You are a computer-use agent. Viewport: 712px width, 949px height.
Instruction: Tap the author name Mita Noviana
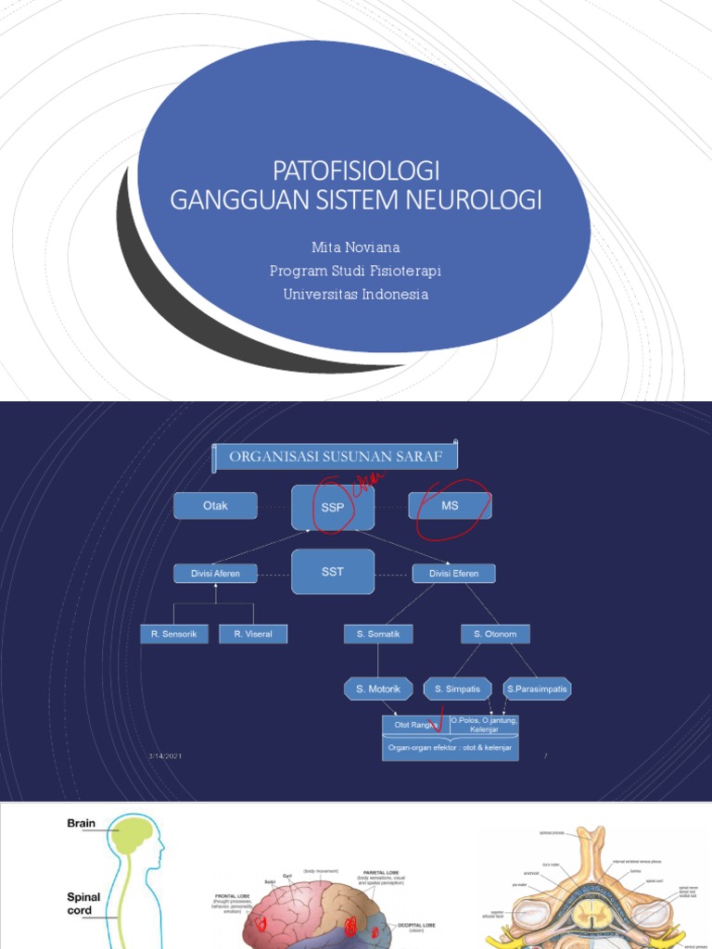[356, 248]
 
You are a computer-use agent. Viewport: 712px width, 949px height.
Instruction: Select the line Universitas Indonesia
[356, 294]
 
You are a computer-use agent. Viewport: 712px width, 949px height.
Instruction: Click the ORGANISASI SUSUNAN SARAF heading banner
[336, 456]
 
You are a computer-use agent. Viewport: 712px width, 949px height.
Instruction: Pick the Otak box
[215, 506]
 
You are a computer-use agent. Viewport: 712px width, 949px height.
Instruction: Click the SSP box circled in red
[333, 507]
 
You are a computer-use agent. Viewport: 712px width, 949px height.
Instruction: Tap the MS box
[450, 506]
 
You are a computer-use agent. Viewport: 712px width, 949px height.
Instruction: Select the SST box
[333, 572]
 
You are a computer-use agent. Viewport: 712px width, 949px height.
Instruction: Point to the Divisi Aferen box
[215, 574]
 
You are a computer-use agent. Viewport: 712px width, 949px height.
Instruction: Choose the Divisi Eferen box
[453, 574]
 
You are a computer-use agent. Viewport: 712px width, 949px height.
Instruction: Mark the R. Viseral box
[253, 634]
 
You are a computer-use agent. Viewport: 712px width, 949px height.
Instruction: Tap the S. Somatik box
[378, 634]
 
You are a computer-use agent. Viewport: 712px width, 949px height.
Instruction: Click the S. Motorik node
[378, 689]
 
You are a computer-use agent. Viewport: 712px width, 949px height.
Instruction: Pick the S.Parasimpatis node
[538, 689]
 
